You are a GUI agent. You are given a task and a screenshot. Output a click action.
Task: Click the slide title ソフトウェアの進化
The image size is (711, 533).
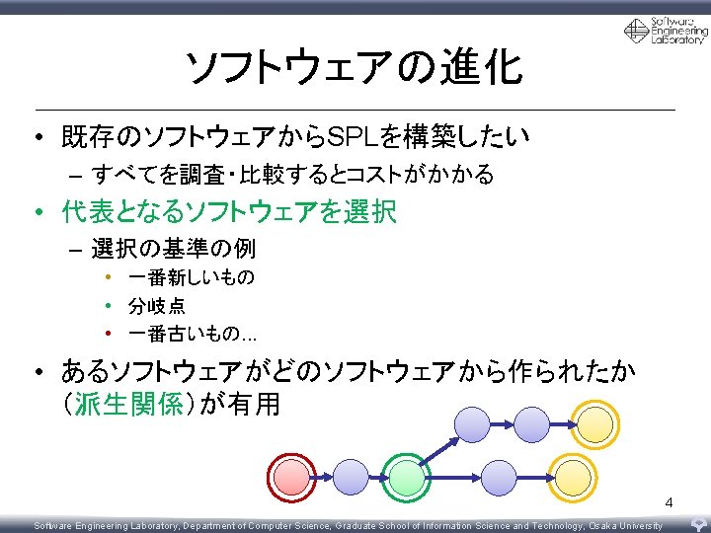355,68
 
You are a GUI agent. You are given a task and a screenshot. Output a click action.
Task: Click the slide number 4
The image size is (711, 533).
669,503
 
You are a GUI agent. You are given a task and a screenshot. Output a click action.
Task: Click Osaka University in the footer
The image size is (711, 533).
621,526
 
